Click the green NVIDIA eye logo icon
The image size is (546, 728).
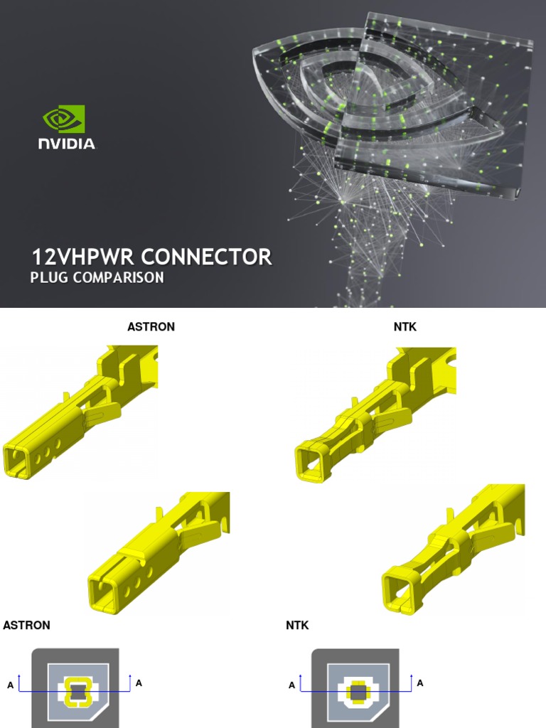(64, 119)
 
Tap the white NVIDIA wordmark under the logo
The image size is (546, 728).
(66, 143)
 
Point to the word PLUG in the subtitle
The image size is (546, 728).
(48, 277)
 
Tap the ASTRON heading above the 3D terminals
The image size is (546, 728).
(151, 327)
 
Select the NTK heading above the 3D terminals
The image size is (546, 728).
(405, 327)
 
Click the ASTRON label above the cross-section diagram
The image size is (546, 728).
(27, 626)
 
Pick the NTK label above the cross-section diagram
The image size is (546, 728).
(297, 626)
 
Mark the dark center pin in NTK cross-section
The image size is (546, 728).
(358, 691)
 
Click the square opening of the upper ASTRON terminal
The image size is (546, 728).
(18, 460)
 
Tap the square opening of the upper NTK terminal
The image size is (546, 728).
(309, 460)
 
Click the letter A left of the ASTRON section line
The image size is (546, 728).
(10, 685)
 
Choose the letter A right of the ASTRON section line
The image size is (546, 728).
(139, 683)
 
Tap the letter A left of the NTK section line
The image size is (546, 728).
(292, 685)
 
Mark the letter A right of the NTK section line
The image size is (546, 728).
(420, 683)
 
